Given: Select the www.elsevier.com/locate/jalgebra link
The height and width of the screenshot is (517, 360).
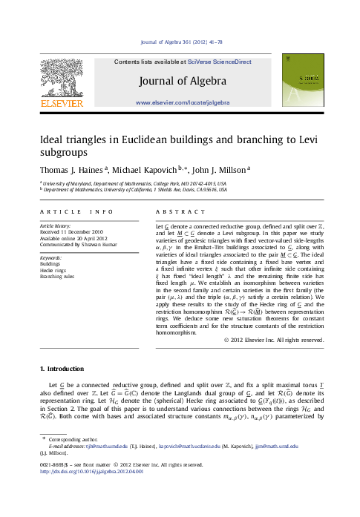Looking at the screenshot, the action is click(180, 99).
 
